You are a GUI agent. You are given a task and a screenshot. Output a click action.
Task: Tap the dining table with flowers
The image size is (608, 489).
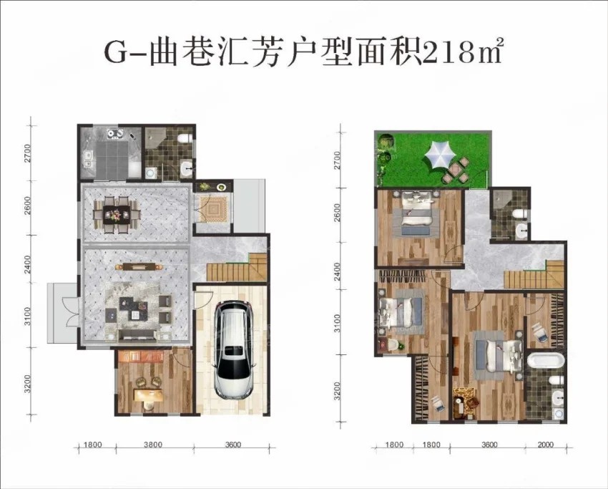tap(117, 214)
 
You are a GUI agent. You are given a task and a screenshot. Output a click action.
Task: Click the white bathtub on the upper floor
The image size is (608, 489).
tap(546, 359)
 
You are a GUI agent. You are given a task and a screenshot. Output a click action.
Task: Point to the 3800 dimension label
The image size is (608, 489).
tap(153, 445)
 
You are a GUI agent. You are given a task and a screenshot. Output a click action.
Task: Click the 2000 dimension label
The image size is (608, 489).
tap(546, 445)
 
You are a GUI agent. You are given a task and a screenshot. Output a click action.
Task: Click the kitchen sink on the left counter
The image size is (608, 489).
tap(89, 159)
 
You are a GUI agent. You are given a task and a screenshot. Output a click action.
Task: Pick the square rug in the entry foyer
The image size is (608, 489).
tap(212, 209)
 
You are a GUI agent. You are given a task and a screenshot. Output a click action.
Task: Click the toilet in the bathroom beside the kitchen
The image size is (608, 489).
tap(183, 137)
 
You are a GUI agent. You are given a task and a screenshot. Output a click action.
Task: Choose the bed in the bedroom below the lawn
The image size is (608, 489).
tap(417, 212)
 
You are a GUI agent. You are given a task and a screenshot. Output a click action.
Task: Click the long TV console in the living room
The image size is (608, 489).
tap(140, 266)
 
